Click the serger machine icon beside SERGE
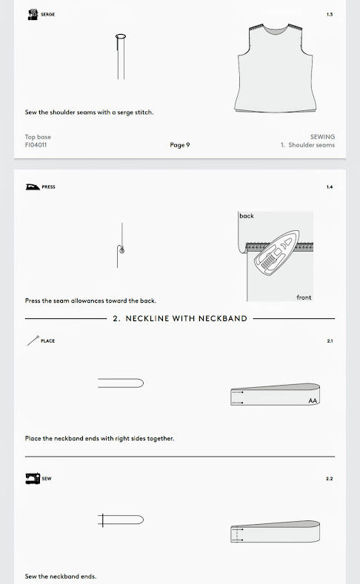coord(33,15)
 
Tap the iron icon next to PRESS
coord(33,187)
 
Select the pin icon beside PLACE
coord(33,340)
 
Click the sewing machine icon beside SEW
coord(33,478)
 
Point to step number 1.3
coord(330,15)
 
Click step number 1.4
coord(330,187)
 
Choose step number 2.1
coord(330,340)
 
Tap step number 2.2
coord(330,479)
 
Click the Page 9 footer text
coord(179,145)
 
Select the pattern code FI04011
coord(36,145)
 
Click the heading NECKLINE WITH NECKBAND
coord(187,318)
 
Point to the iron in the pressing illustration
coord(276,254)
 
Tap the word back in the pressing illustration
coord(247,216)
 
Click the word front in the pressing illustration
coord(304,298)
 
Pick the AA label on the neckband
coord(313,400)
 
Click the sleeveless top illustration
coord(276,68)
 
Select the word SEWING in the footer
coord(322,137)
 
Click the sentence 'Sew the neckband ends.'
coord(61,576)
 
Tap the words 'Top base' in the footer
coord(38,137)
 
